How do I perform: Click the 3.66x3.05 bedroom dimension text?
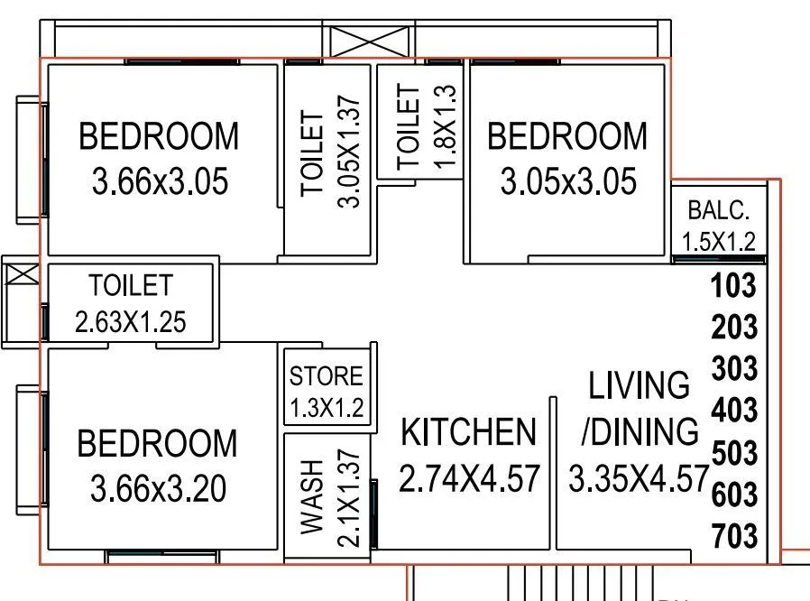coord(160,182)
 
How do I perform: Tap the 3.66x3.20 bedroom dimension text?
coord(159,490)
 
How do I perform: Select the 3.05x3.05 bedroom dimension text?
coord(567,182)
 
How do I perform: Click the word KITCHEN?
coord(468,433)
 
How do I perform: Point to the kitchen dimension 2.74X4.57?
coord(468,478)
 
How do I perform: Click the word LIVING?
coord(640,386)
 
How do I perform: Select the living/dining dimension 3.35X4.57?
coord(637,478)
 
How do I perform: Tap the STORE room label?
coord(326,376)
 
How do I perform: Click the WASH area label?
coord(311,496)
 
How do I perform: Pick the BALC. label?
coord(718,211)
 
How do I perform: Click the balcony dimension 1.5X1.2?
coord(718,242)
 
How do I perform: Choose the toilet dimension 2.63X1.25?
coord(131,322)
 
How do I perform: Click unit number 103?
coord(733,286)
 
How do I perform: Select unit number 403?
coord(733,411)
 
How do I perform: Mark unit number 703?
coord(733,536)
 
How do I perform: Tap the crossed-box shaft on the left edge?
coord(19,273)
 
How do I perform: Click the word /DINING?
coord(640,432)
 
